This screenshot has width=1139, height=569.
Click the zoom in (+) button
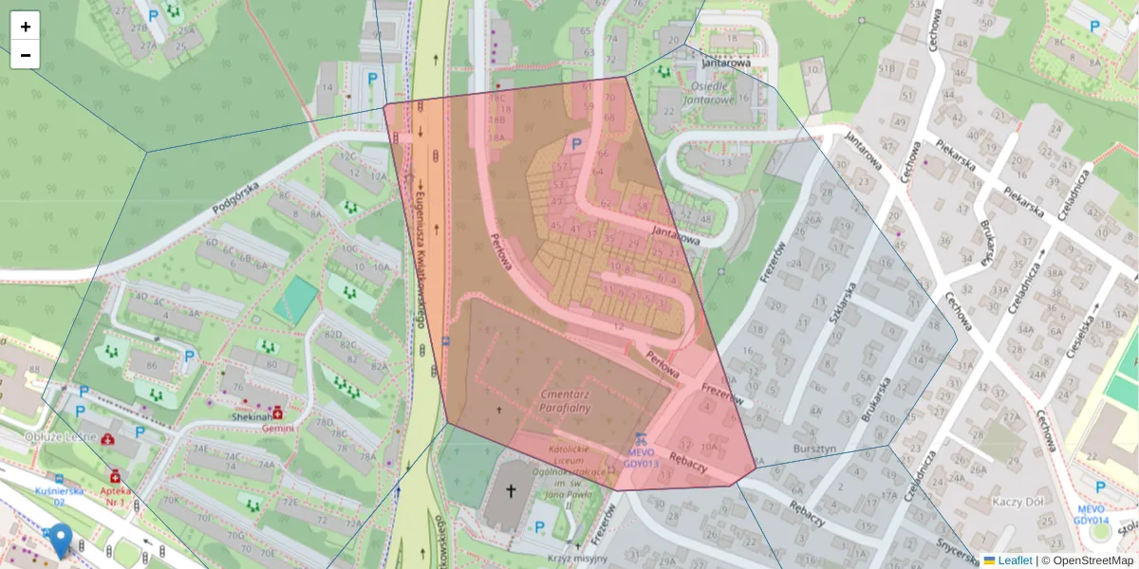(x=26, y=27)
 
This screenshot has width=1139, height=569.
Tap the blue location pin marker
(x=61, y=540)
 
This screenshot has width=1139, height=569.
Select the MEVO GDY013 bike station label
(x=641, y=458)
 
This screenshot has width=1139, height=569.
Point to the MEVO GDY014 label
(x=1091, y=514)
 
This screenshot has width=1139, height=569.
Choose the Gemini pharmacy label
(x=278, y=428)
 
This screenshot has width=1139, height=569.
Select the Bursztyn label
(x=814, y=447)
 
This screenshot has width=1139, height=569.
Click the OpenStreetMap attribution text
(x=1092, y=560)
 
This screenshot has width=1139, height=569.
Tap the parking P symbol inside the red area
(x=575, y=143)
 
